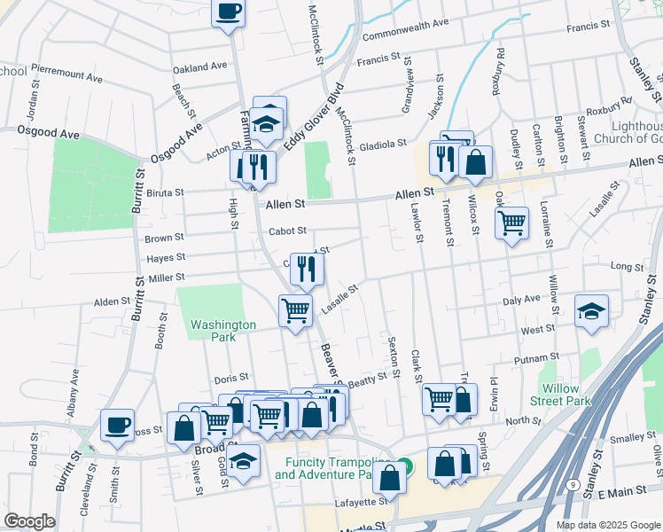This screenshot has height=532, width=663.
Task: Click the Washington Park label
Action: click(223, 331)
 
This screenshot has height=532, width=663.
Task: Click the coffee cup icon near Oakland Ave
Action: click(229, 12)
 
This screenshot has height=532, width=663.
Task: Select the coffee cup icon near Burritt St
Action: click(117, 424)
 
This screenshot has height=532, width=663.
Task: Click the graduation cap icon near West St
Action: click(591, 310)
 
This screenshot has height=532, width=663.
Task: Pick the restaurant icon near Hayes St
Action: click(307, 268)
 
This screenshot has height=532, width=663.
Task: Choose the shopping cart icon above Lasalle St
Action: click(295, 310)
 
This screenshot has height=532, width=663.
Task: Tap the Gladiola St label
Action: click(383, 143)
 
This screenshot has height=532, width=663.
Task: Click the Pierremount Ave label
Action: click(67, 67)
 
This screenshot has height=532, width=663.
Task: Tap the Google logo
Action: click(29, 521)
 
